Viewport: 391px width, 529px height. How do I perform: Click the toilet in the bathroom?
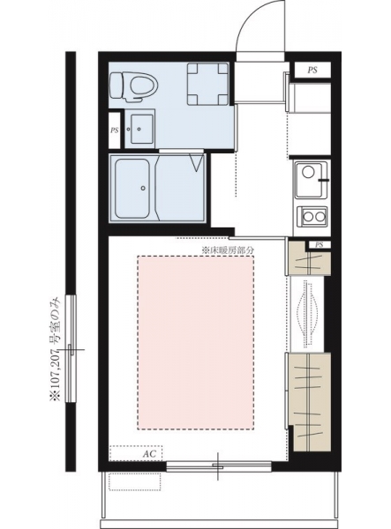point(134,86)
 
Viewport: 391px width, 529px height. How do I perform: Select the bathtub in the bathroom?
point(132,189)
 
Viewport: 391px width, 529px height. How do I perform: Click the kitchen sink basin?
point(312,180)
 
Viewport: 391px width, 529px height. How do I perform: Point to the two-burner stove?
point(312,216)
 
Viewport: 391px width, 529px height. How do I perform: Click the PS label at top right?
point(312,71)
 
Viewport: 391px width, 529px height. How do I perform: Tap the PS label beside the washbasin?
point(115,130)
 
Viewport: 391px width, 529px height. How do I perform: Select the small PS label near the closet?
point(320,245)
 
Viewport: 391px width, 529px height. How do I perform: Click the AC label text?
point(149,454)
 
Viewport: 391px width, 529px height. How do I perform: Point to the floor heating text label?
point(227,250)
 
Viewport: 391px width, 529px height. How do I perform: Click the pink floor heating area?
point(196,342)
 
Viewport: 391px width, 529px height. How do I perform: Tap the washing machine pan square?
point(207,84)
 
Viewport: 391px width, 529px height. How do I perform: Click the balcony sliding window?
point(219,466)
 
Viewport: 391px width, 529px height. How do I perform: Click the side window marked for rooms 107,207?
point(71,349)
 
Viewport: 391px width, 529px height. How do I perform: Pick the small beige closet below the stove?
point(308,258)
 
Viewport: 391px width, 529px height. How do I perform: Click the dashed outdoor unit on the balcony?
point(135,481)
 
